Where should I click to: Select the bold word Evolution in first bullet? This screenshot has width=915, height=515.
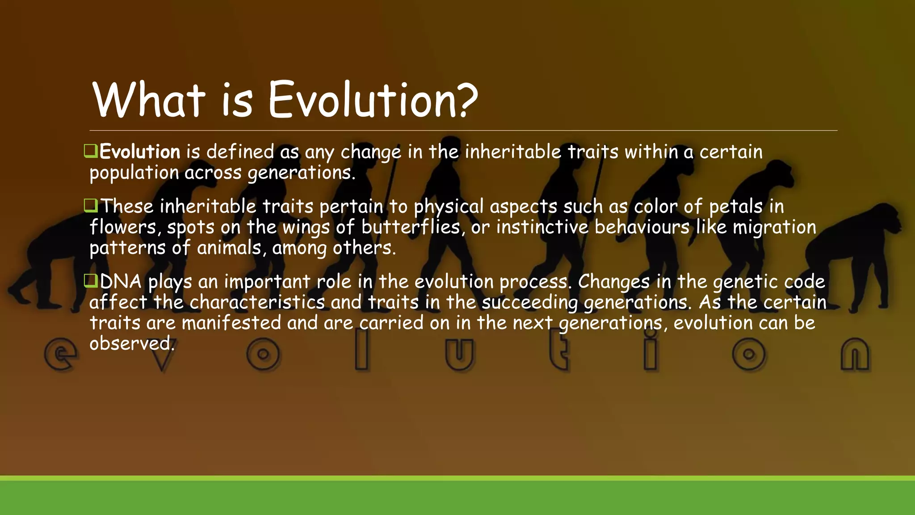[x=139, y=152]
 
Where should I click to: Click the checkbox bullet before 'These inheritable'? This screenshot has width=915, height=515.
[x=90, y=206]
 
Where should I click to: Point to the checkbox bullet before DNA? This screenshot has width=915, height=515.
[x=90, y=281]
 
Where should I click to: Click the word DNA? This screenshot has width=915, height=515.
[x=120, y=282]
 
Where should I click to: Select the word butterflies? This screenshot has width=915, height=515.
[x=411, y=227]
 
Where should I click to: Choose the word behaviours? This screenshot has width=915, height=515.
[x=642, y=227]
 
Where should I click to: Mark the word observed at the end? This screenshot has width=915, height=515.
[x=131, y=344]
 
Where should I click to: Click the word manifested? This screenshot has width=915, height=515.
[x=231, y=323]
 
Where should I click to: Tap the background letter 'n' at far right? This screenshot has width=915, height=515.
[x=855, y=355]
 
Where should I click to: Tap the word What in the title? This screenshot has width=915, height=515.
[x=149, y=100]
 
